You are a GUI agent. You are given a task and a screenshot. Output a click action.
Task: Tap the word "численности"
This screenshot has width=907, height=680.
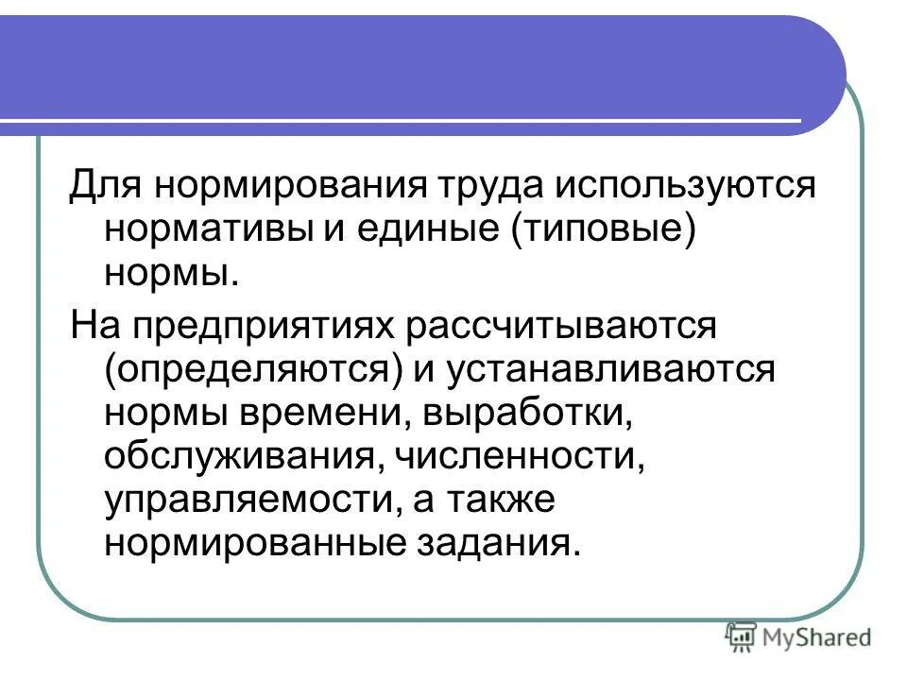[515, 457]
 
